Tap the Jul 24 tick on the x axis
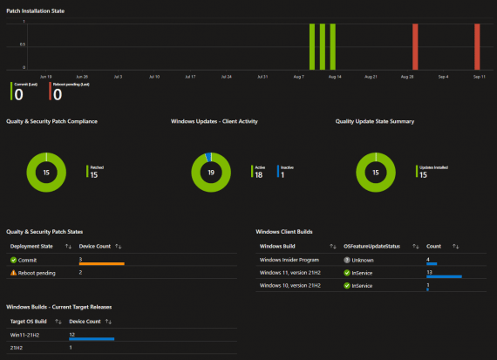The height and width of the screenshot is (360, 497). pos(226,77)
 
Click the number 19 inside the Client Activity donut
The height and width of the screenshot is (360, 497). pos(210,173)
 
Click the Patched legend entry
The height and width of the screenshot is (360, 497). pos(96,171)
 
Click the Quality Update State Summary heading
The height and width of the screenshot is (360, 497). pos(375,121)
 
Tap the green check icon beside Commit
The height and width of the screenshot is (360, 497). pos(13,259)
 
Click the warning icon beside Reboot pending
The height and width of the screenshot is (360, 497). pos(13,273)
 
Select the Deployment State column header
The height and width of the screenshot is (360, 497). pos(31,246)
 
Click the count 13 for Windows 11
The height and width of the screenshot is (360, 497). pos(430,271)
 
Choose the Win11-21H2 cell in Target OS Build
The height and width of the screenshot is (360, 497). pos(24,334)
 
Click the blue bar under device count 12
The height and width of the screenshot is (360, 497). pos(92,339)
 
